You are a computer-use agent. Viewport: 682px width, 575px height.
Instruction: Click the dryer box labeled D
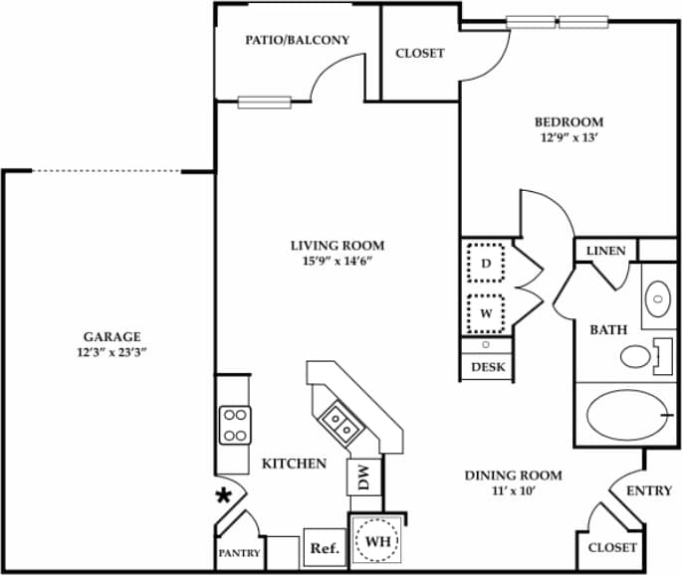[x=487, y=264]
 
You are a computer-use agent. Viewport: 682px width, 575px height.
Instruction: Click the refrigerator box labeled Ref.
[x=324, y=547]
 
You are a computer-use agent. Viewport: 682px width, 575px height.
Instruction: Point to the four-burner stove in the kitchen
[x=235, y=426]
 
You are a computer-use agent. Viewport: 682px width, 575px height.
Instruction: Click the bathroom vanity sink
[x=658, y=295]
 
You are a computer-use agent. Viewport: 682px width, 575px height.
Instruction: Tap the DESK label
[x=486, y=367]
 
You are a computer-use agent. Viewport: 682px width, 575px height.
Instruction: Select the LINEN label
[x=605, y=251]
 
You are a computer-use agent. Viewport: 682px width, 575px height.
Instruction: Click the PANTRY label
[x=239, y=553]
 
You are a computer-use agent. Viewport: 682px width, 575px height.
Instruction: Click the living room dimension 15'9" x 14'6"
[x=337, y=262]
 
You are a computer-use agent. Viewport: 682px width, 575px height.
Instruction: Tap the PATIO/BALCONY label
[x=298, y=41]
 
